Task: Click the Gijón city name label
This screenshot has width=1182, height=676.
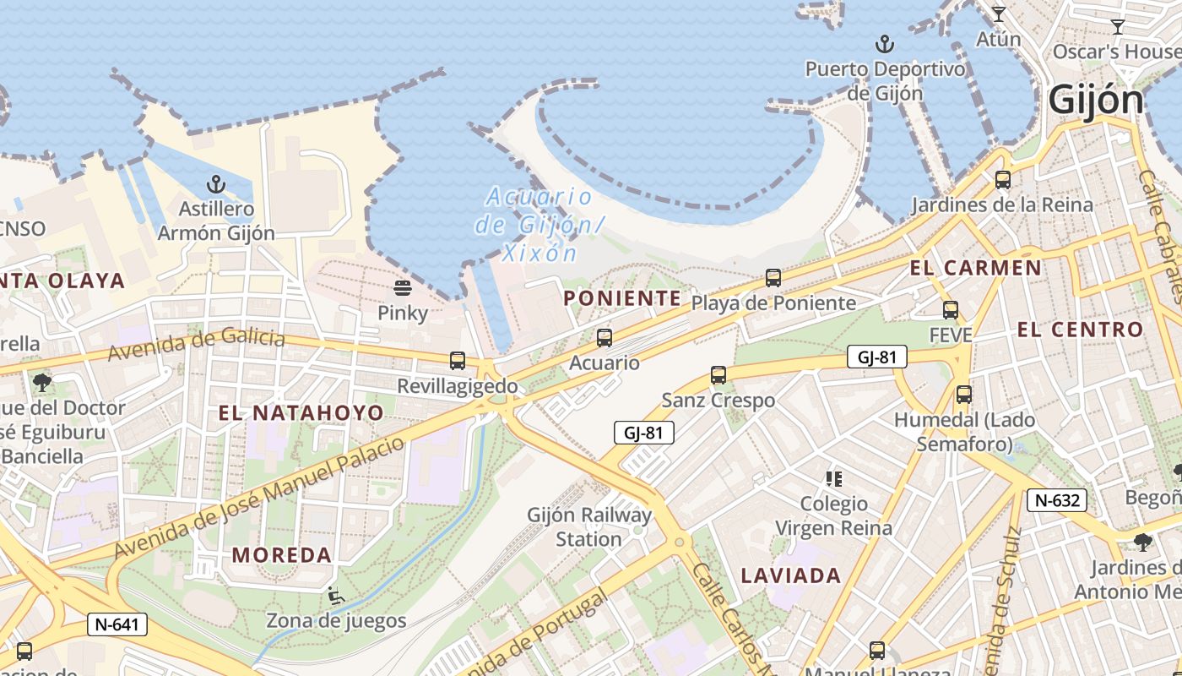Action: tap(1096, 101)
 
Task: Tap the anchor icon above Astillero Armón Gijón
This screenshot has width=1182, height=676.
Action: tap(217, 183)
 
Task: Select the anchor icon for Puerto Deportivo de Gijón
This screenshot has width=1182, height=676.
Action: tap(885, 43)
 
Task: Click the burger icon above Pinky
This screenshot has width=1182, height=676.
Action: tap(403, 288)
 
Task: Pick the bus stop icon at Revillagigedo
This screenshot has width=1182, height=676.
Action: tap(458, 361)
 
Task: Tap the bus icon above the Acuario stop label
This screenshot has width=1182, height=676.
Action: tap(605, 338)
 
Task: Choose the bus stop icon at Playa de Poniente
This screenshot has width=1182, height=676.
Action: tap(773, 277)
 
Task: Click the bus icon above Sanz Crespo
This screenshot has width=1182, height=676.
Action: tap(718, 374)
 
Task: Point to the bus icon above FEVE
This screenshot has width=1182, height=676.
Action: tap(951, 310)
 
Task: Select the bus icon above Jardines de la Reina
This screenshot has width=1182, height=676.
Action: tap(1003, 179)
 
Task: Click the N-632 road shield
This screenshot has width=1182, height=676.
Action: tap(1057, 500)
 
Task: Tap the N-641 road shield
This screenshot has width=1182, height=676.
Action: tap(117, 624)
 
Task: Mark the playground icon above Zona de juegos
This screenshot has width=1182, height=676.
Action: tap(336, 597)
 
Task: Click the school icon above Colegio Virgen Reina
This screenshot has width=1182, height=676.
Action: tap(834, 479)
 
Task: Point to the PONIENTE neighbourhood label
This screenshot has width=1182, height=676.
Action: tap(622, 298)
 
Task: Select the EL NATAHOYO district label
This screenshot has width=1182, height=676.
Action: tap(301, 413)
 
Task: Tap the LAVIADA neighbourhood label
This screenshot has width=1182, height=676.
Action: tap(791, 576)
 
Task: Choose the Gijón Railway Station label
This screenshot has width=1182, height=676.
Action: tap(589, 526)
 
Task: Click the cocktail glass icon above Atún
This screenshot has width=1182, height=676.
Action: tap(999, 14)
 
